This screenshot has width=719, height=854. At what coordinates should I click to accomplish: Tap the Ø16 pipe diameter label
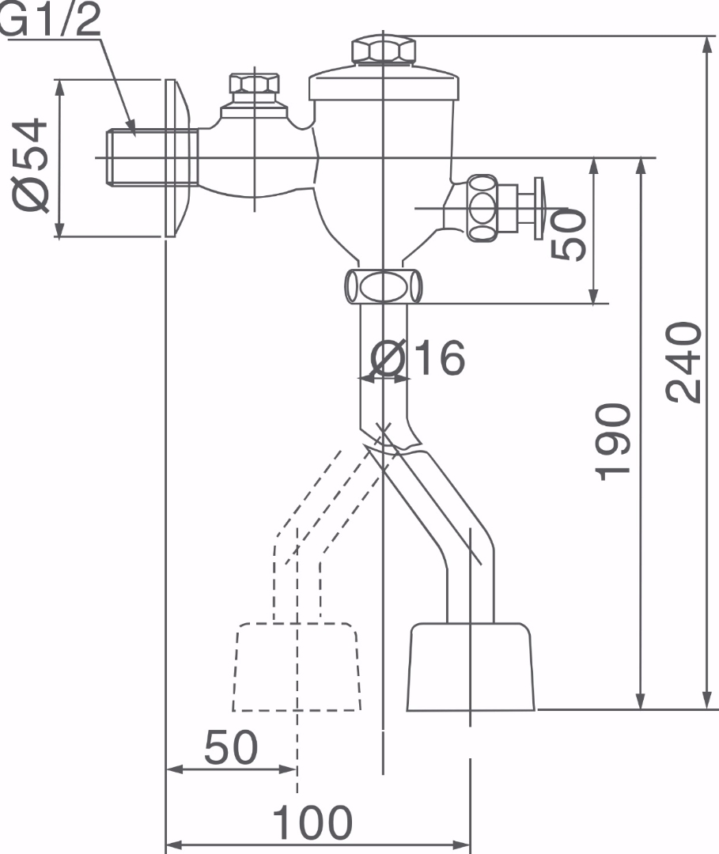pos(418,359)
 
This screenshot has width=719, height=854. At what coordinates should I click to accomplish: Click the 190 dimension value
pos(614,441)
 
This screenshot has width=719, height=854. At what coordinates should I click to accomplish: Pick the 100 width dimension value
pos(312,823)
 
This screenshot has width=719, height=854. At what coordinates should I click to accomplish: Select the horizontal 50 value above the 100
pos(231,747)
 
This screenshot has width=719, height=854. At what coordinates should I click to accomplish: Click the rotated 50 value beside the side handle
pos(569,234)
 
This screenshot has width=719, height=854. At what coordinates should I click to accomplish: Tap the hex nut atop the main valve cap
pos(383,51)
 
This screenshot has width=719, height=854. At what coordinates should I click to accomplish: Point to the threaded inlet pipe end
pos(134,157)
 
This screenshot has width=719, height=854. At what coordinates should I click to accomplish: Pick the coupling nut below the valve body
pos(383,285)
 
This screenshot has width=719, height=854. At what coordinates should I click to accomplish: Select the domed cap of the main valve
pos(383,84)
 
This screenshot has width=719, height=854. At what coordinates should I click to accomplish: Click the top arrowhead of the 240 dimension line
pos(706,41)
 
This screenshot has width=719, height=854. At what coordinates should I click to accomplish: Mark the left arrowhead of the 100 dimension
pos(171,845)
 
